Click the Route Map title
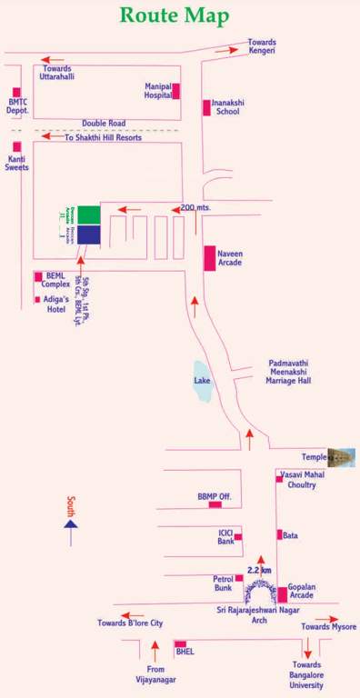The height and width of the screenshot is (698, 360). (x=175, y=15)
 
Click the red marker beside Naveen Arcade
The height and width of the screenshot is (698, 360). (x=209, y=258)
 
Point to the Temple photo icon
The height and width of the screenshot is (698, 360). (x=341, y=457)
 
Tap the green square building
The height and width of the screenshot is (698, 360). (x=89, y=214)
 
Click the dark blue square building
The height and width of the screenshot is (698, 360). (x=89, y=235)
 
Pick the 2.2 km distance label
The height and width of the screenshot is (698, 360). (x=259, y=571)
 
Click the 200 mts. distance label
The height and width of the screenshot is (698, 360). (x=196, y=208)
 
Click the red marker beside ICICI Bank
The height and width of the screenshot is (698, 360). (x=238, y=537)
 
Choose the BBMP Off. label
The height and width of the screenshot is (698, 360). (x=215, y=497)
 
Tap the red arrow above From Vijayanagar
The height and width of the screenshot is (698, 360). (x=155, y=650)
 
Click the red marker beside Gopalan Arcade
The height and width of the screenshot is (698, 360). (x=283, y=595)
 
